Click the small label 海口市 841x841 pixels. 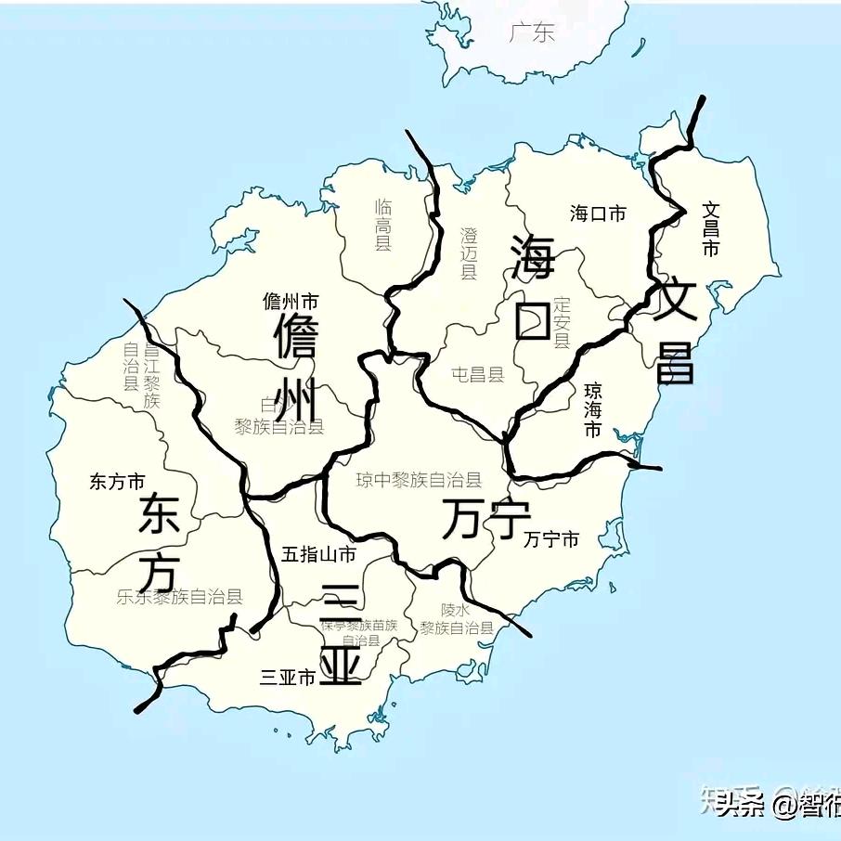coord(598,213)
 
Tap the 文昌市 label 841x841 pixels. coord(711,229)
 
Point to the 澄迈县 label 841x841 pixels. coord(469,252)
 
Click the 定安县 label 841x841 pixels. coord(562,322)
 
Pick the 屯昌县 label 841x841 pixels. coord(477,375)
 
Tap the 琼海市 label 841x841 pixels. coord(592,409)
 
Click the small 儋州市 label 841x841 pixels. coord(291,301)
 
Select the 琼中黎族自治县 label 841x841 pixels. coord(420,480)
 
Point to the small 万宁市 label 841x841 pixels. coord(551,539)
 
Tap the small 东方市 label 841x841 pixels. coord(117,482)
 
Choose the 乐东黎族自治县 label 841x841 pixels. coord(180,597)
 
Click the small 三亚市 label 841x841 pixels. coord(289,678)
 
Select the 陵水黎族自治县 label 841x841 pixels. coord(456,619)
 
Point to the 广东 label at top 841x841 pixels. coord(532,32)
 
